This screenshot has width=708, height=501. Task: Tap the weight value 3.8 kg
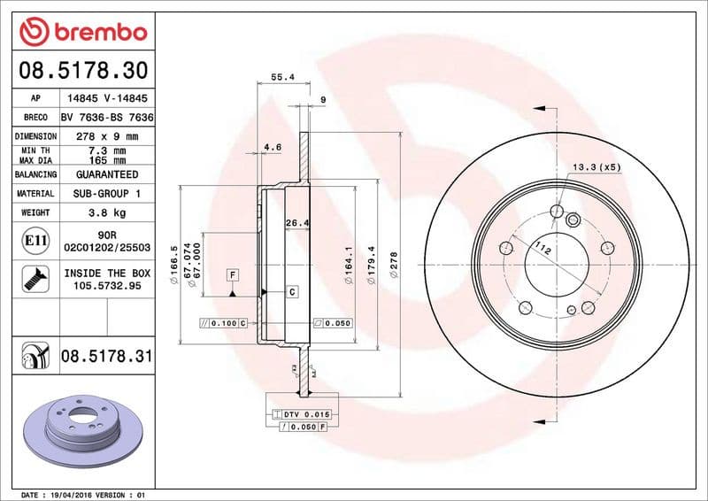(107, 212)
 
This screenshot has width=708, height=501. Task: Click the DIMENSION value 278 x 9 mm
(107, 136)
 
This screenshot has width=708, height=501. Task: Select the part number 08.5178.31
(107, 357)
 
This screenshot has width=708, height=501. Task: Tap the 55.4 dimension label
(282, 78)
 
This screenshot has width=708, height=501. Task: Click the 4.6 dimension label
(273, 147)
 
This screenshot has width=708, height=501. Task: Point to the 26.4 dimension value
(296, 223)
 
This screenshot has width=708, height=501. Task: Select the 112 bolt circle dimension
(543, 251)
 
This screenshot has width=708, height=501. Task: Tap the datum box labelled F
(232, 274)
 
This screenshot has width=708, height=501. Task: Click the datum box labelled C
(291, 291)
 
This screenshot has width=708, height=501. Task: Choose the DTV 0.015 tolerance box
(301, 414)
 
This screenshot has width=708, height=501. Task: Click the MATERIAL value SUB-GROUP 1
(107, 193)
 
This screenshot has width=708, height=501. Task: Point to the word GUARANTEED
(107, 174)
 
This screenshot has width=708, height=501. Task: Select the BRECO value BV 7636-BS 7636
(107, 118)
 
